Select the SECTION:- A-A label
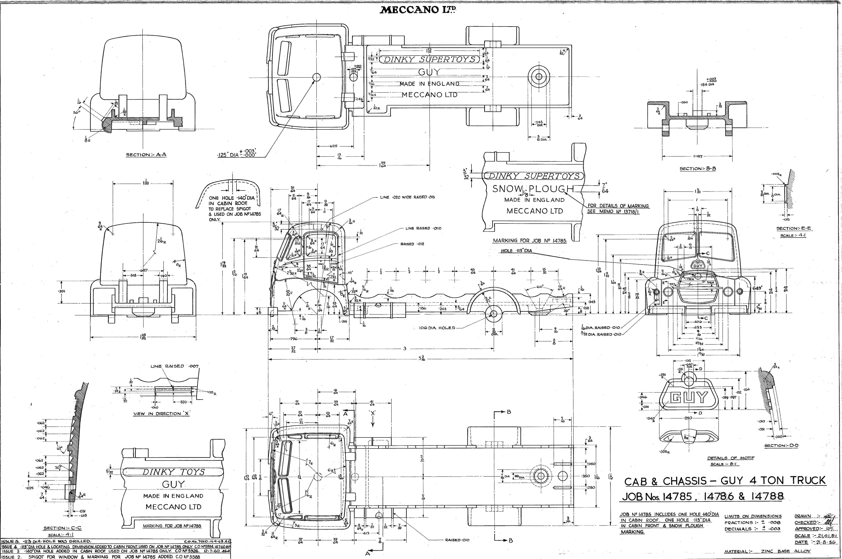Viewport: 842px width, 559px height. [146, 155]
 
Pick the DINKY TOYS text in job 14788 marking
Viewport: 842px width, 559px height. [174, 472]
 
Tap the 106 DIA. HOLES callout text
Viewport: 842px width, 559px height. [437, 328]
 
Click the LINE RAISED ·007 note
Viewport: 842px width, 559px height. [175, 366]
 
